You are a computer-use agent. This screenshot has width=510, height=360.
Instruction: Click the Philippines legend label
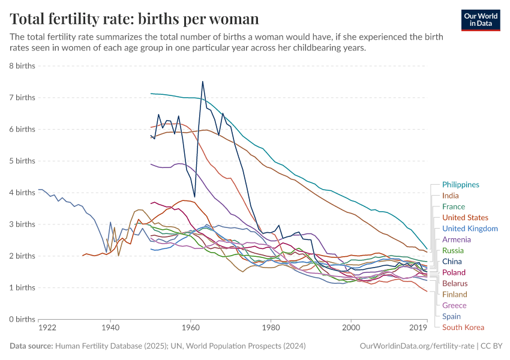tap(460, 185)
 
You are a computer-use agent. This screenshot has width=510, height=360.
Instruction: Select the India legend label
tap(450, 196)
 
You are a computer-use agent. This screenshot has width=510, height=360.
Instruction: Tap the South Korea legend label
tap(463, 327)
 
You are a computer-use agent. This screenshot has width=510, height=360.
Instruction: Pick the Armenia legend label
tap(456, 239)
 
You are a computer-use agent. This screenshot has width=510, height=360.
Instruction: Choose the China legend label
tap(451, 262)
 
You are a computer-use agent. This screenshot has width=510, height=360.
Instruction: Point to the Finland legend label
tap(454, 294)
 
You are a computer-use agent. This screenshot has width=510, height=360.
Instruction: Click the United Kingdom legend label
tap(469, 229)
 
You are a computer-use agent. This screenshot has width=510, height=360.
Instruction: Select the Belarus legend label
tap(455, 283)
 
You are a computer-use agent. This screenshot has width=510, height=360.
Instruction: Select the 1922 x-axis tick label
tap(47, 328)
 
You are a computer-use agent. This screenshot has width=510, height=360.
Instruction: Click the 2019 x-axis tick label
tap(418, 328)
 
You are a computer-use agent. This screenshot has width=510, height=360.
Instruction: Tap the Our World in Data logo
tap(481, 20)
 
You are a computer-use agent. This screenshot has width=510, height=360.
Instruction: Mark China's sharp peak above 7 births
tap(203, 82)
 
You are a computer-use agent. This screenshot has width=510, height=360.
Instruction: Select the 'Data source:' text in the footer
tap(31, 346)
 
